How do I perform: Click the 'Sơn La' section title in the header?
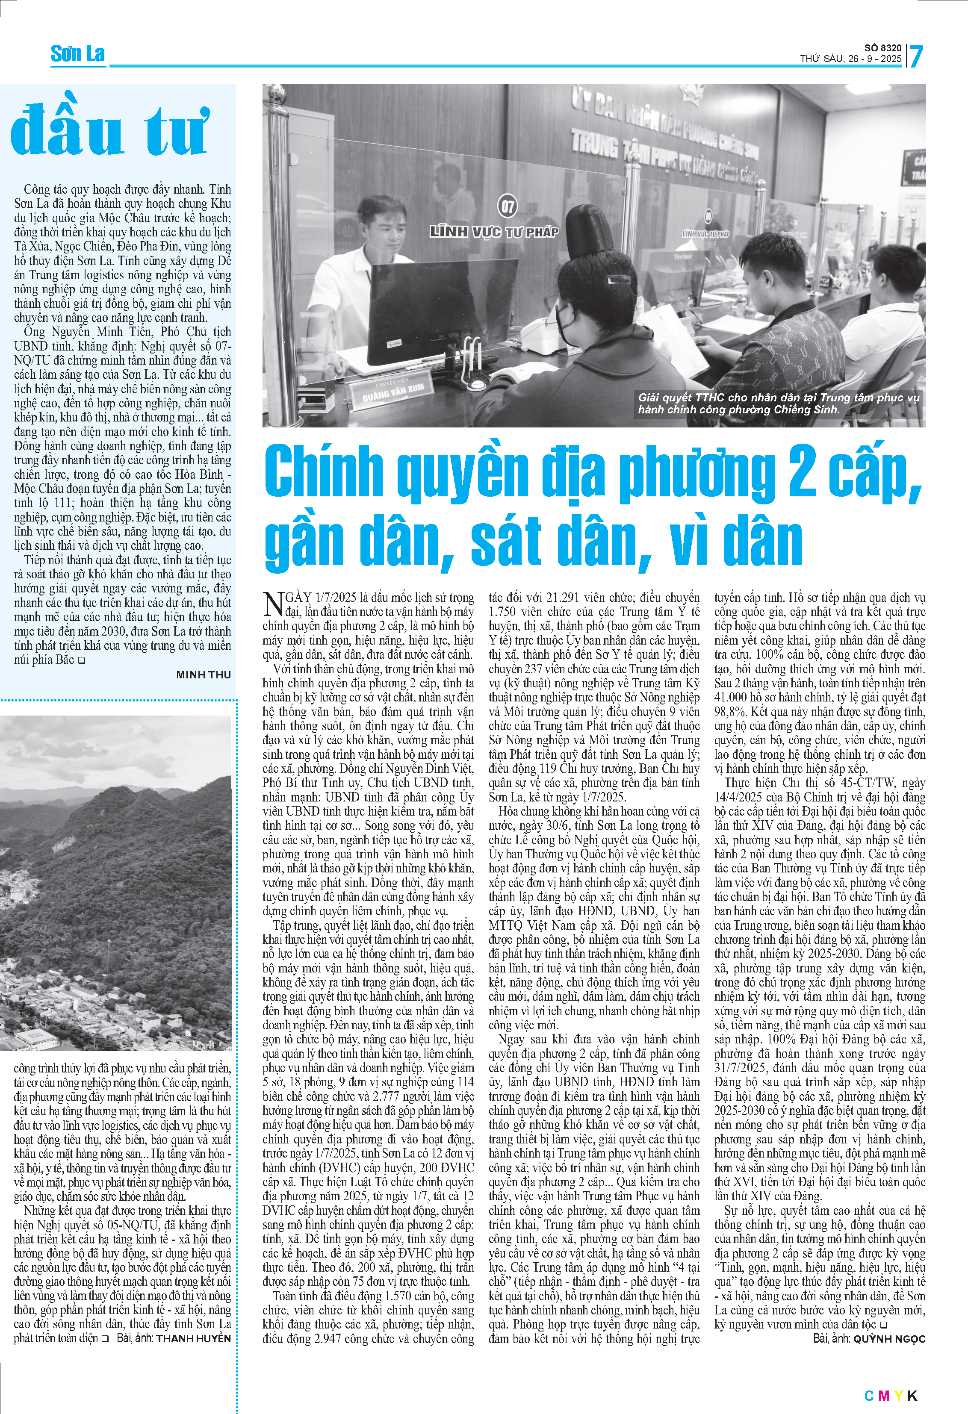click(x=77, y=54)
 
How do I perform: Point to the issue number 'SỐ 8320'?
click(x=883, y=47)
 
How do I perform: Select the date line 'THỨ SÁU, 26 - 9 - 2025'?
click(x=850, y=59)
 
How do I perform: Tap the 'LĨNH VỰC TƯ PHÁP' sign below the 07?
click(x=494, y=232)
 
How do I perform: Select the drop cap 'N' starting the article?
click(x=273, y=604)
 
